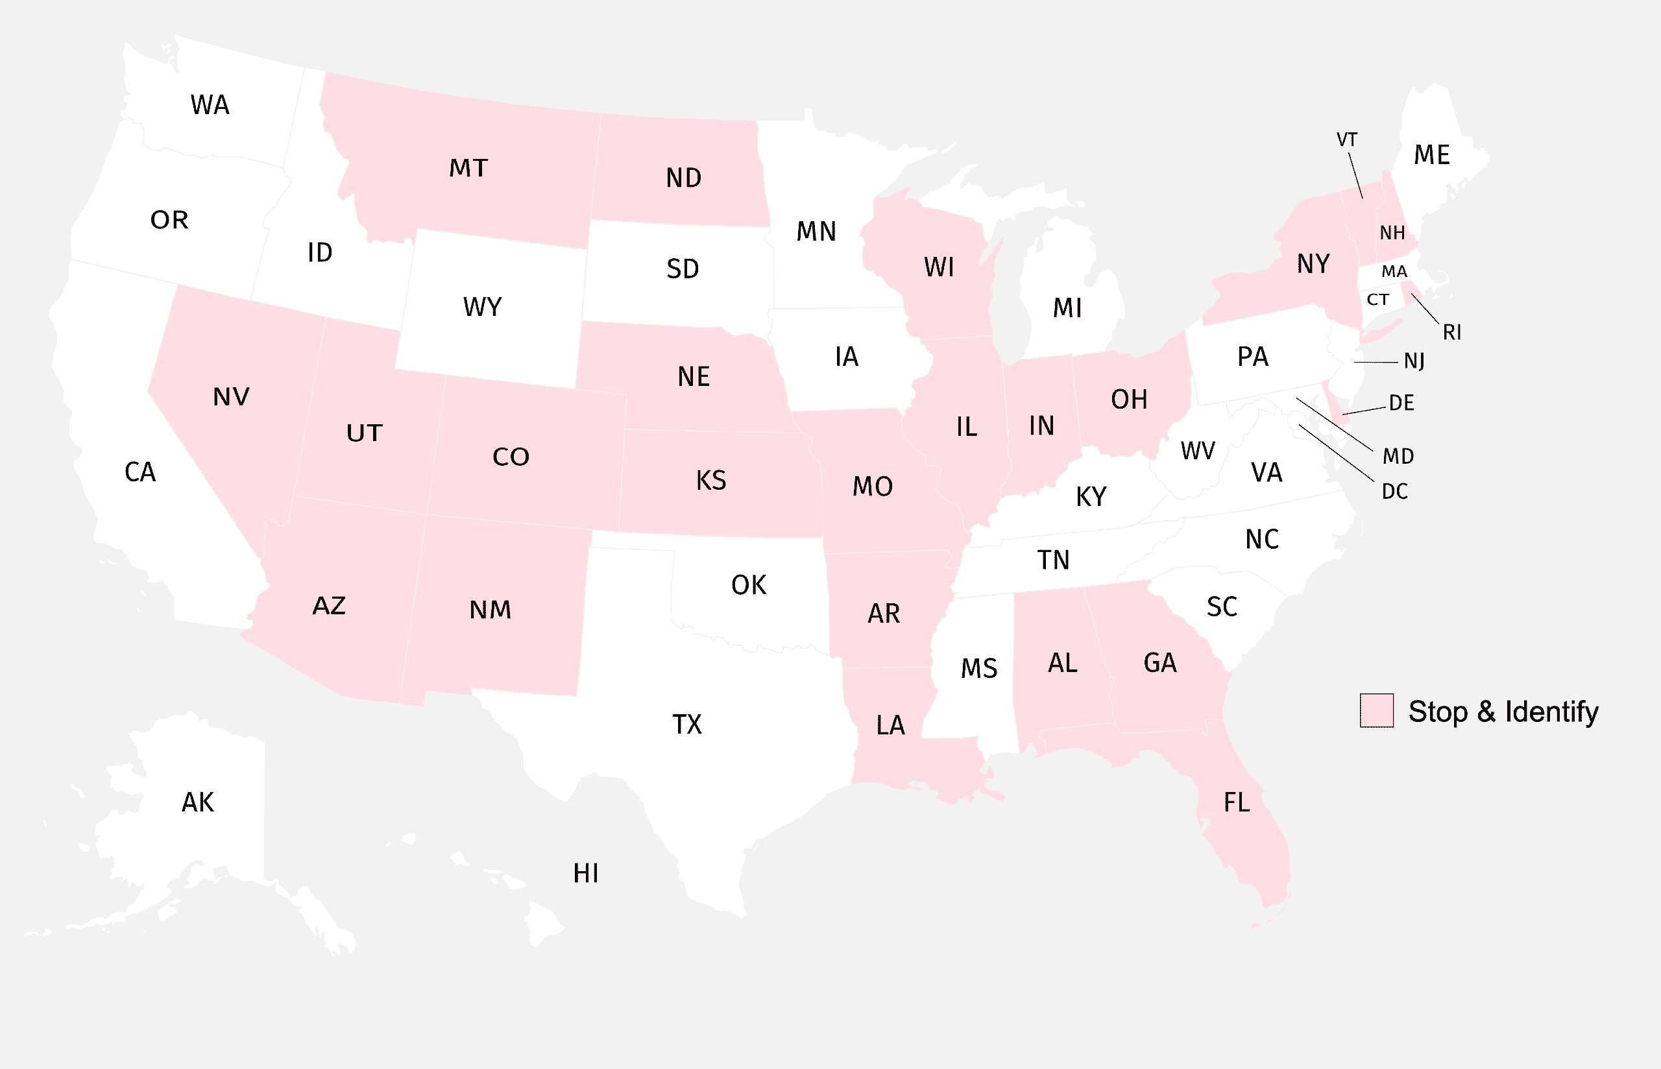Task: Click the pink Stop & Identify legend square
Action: coord(1376,710)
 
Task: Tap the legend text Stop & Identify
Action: coord(1503,712)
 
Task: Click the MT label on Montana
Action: coord(468,168)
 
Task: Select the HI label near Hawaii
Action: coord(586,873)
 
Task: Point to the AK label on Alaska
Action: coord(198,802)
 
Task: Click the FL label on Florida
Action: coord(1236,802)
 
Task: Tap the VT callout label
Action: coord(1346,139)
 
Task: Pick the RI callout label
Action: coord(1451,333)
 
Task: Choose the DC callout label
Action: coord(1394,492)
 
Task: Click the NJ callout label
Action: coord(1414,361)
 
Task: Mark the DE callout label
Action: coord(1401,403)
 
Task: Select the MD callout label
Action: coord(1398,456)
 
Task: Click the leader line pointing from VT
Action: coord(1355,175)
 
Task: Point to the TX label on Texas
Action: coord(687,725)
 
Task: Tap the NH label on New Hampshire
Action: coord(1392,232)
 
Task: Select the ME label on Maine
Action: coord(1432,155)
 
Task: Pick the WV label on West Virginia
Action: coord(1198,451)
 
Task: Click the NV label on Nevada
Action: coord(231,397)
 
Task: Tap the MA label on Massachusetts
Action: coord(1394,271)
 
